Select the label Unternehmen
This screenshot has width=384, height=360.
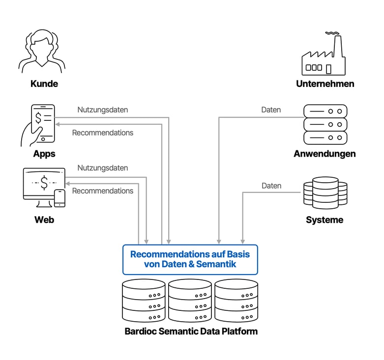point(325,84)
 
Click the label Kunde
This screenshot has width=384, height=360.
point(44,84)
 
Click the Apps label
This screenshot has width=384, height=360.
point(44,154)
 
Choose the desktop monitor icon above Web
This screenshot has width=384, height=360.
point(43,184)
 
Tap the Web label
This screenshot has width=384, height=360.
point(44,220)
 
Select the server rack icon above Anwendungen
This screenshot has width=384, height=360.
point(325,124)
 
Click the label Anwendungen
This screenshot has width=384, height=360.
point(325,154)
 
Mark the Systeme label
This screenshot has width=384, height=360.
point(325,220)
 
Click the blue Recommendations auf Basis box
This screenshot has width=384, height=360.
point(190,259)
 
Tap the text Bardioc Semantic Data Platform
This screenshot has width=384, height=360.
point(191,331)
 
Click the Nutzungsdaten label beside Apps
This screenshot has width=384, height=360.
point(102,110)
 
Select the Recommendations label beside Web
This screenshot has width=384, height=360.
point(102,191)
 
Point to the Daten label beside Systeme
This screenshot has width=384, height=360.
point(271,186)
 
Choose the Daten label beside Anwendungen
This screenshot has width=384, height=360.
point(271,110)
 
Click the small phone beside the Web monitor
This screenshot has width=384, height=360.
point(59,198)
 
